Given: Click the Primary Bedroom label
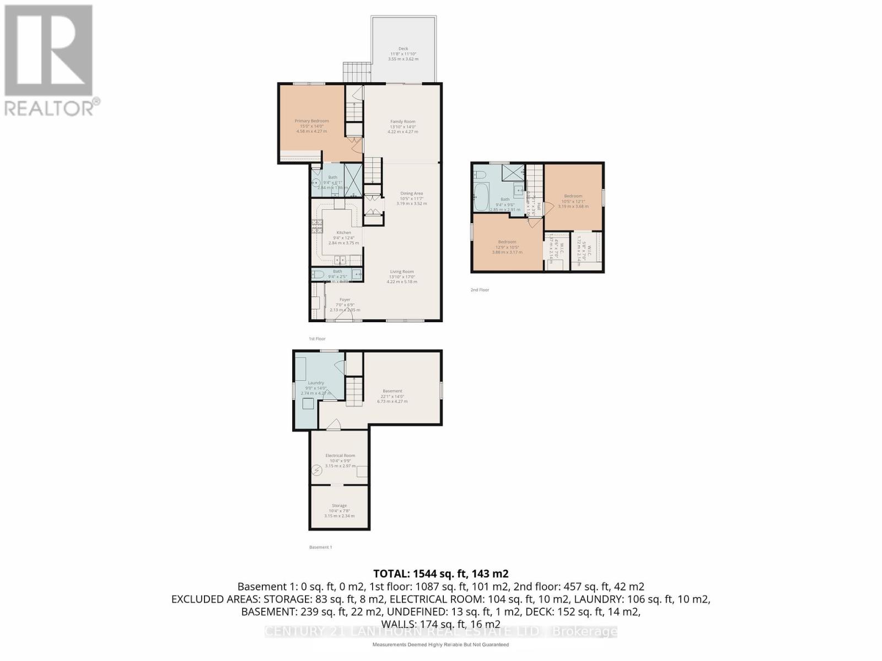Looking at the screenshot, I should [311, 121].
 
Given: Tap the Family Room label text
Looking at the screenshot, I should [402, 122].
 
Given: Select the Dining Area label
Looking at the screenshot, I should [411, 193].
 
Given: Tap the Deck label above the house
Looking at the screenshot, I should [403, 48].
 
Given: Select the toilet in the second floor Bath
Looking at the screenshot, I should [480, 175].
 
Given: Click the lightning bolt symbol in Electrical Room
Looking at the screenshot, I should [317, 471].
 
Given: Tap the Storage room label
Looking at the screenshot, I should [339, 506].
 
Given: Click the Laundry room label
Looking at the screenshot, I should [316, 383].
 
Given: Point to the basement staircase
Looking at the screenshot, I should [353, 392].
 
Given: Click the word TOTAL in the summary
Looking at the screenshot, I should [391, 573].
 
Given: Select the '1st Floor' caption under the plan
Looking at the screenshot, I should [317, 339].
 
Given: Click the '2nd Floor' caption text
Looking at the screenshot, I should [480, 290].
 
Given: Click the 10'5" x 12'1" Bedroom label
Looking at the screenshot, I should [573, 196].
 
